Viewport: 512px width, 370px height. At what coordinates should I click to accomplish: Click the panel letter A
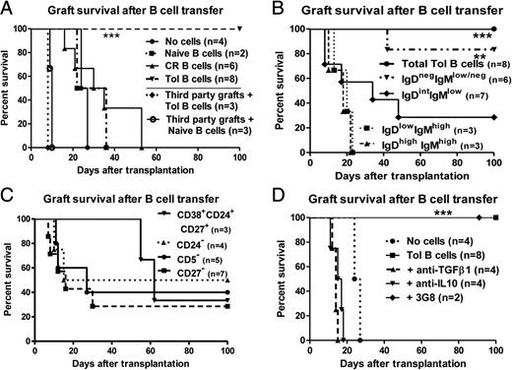[9, 9]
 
